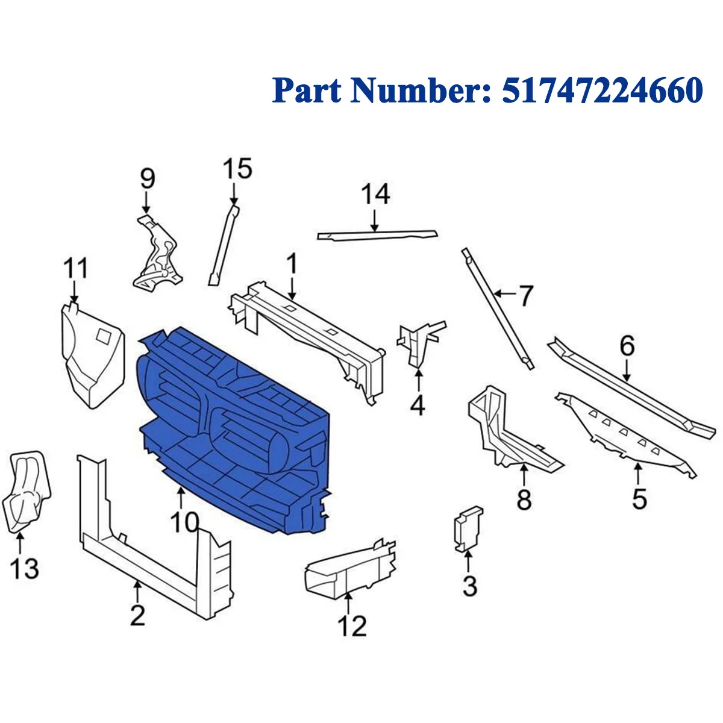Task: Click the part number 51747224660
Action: click(x=602, y=90)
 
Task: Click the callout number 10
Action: click(x=183, y=522)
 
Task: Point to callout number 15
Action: click(x=237, y=169)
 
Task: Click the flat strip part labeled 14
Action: click(x=378, y=234)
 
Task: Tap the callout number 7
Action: click(x=526, y=295)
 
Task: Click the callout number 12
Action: click(x=352, y=627)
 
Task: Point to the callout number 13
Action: click(x=24, y=568)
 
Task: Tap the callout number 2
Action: click(x=137, y=615)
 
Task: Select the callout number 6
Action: click(x=627, y=346)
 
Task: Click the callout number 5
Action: click(x=639, y=499)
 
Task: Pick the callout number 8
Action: click(x=524, y=499)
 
